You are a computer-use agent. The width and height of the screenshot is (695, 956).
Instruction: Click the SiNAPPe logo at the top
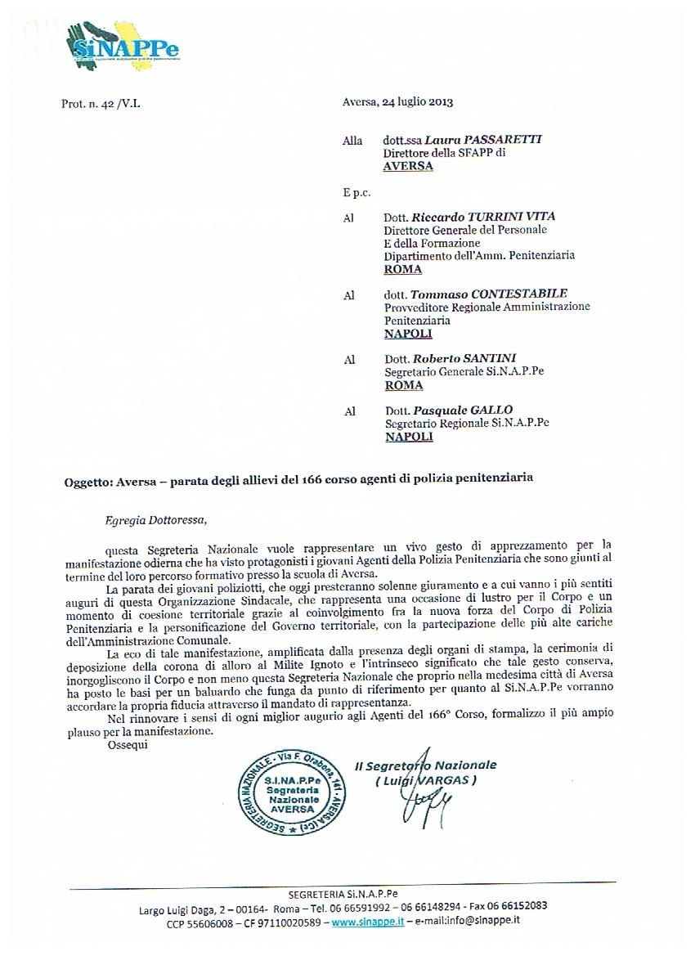(123, 47)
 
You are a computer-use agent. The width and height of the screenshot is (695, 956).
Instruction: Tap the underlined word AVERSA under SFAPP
(408, 166)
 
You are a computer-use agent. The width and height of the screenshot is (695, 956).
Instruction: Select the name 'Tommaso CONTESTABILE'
(489, 294)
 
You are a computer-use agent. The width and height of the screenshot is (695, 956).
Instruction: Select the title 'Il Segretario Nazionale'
(425, 765)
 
